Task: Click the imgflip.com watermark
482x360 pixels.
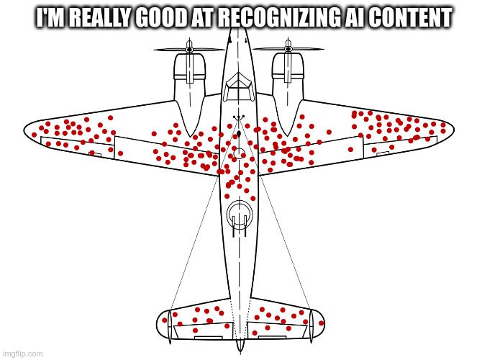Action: point(22,354)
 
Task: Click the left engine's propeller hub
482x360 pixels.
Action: point(189,49)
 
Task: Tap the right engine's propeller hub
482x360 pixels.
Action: point(288,48)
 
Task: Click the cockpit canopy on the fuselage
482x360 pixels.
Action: point(239,87)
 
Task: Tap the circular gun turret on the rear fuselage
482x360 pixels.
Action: point(240,215)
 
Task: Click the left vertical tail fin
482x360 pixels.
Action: point(170,326)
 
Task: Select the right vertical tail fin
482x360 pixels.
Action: point(311,326)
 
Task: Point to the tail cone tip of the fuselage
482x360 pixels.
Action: point(240,351)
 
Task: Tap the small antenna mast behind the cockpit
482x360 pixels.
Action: point(238,118)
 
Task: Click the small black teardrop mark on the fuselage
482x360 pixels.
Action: point(239,134)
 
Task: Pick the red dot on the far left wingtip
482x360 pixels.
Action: point(34,135)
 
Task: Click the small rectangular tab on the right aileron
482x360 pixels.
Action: point(383,153)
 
